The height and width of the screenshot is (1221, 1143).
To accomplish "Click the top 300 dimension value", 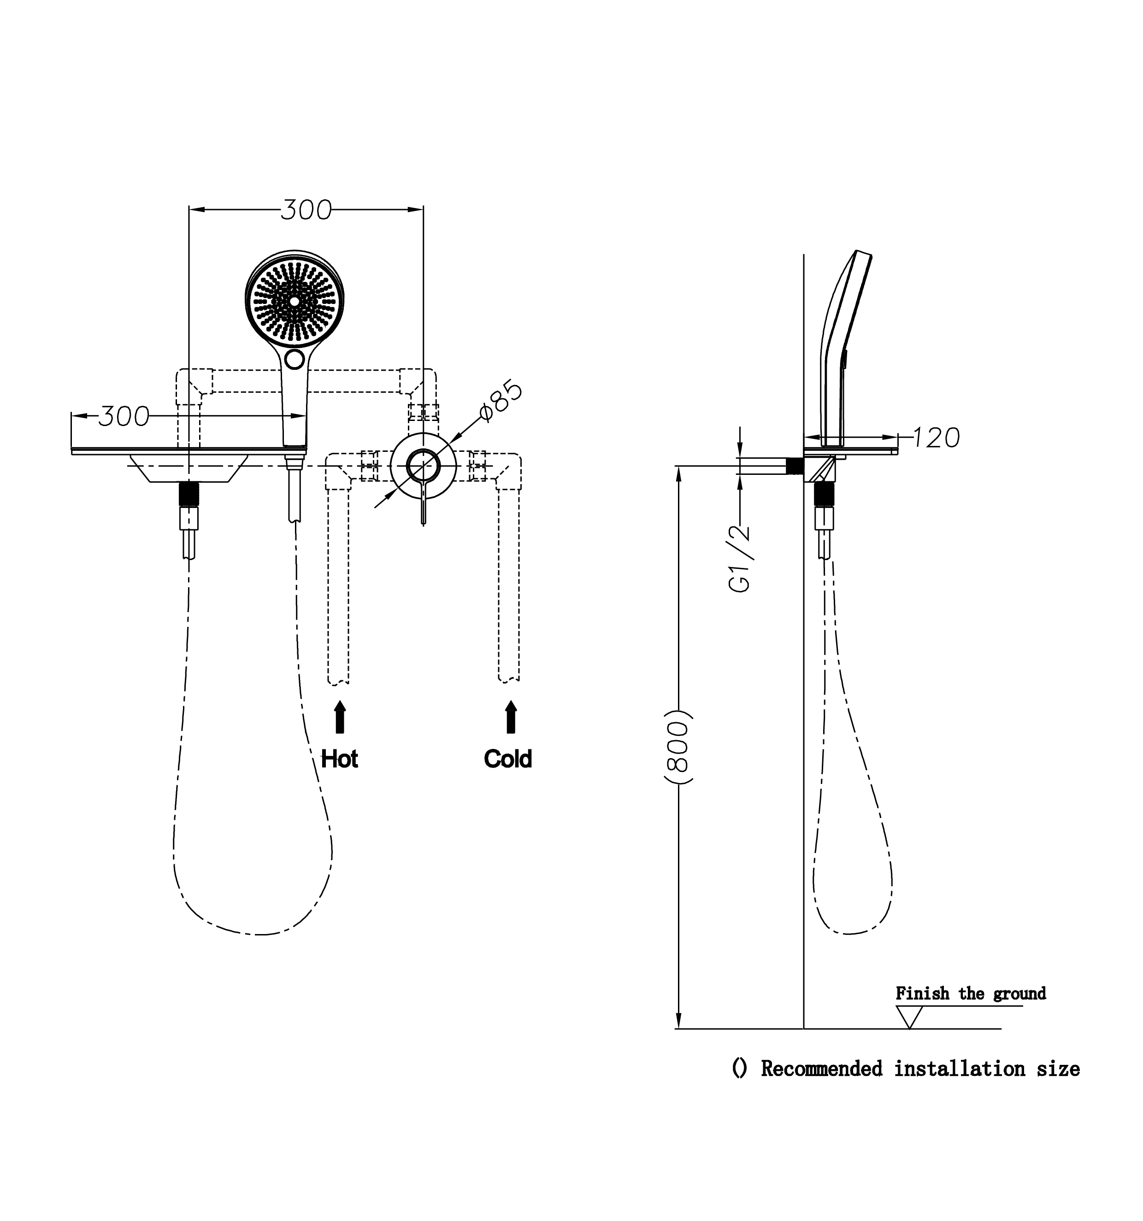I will pyautogui.click(x=306, y=210).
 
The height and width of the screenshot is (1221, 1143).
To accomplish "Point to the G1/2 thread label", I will pyautogui.click(x=741, y=558).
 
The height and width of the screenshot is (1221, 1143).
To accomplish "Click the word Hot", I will pyautogui.click(x=339, y=759).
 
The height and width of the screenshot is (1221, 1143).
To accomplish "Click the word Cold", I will pyautogui.click(x=507, y=759).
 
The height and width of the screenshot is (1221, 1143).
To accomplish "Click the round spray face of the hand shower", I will pyautogui.click(x=295, y=301).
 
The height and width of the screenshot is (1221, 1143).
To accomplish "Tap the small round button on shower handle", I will pyautogui.click(x=295, y=359).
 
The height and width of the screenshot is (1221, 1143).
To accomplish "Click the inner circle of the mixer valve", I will pyautogui.click(x=423, y=465).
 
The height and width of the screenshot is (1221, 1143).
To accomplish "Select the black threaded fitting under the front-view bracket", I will pyautogui.click(x=189, y=494).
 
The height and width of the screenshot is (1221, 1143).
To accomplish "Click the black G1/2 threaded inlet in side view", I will pyautogui.click(x=795, y=466).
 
